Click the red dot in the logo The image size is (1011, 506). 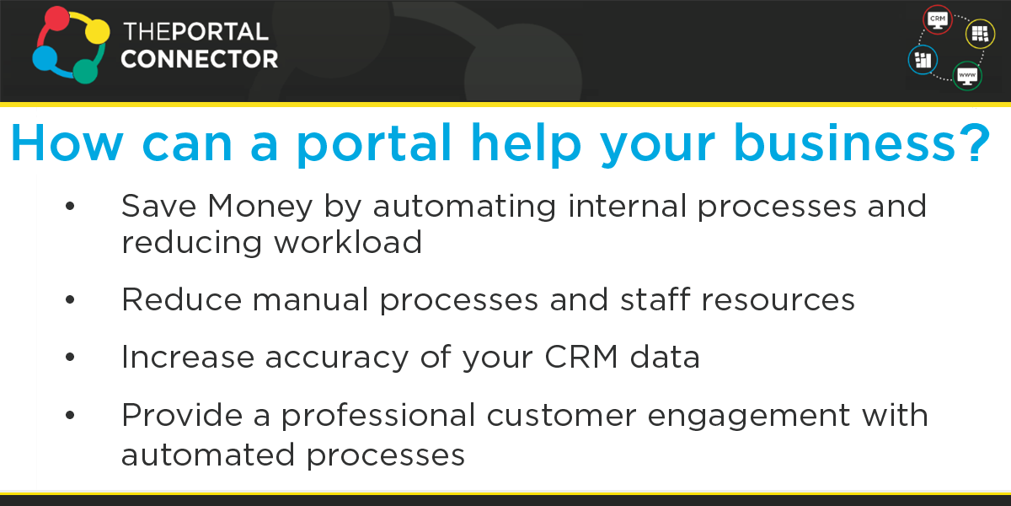coord(56,22)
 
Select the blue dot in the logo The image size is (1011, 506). coord(45,60)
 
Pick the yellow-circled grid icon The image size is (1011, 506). coord(980,34)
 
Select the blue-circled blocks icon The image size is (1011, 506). coord(923,60)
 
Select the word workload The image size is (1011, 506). coord(347,243)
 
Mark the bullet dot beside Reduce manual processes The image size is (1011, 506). coord(70,300)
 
